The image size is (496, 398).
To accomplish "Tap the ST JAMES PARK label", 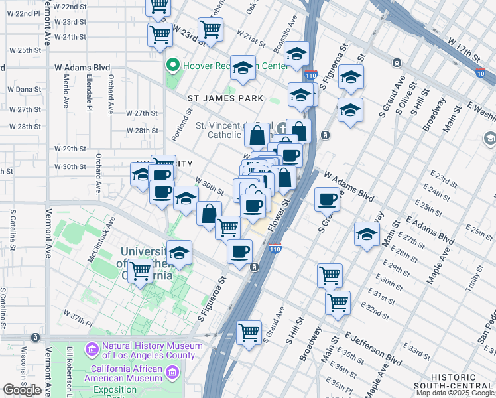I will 225,98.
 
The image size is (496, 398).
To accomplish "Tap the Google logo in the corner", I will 23,390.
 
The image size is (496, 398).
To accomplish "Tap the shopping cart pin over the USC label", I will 140,270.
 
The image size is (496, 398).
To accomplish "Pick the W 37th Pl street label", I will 76,312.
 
